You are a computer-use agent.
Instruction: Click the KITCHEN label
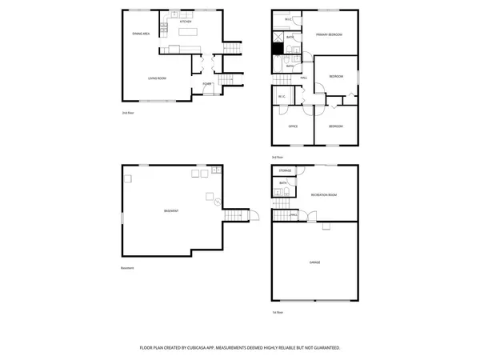pos(185,22)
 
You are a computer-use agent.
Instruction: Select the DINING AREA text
pos(141,34)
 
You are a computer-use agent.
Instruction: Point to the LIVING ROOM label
pos(157,78)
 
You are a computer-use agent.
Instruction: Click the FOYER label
pos(206,83)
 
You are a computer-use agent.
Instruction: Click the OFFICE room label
pos(294,126)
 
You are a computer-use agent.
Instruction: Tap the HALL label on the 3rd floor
pos(305,78)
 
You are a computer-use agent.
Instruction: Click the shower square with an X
pos(278,36)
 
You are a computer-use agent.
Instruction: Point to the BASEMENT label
pos(170,210)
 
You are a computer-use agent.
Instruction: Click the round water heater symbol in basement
pos(209,196)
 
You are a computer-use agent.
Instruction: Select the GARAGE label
pos(314,262)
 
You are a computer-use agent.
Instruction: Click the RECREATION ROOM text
pos(323,194)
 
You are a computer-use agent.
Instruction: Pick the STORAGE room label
pos(285,171)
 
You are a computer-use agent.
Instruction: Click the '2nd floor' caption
pos(127,113)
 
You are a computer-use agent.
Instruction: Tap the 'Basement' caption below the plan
pos(127,267)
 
